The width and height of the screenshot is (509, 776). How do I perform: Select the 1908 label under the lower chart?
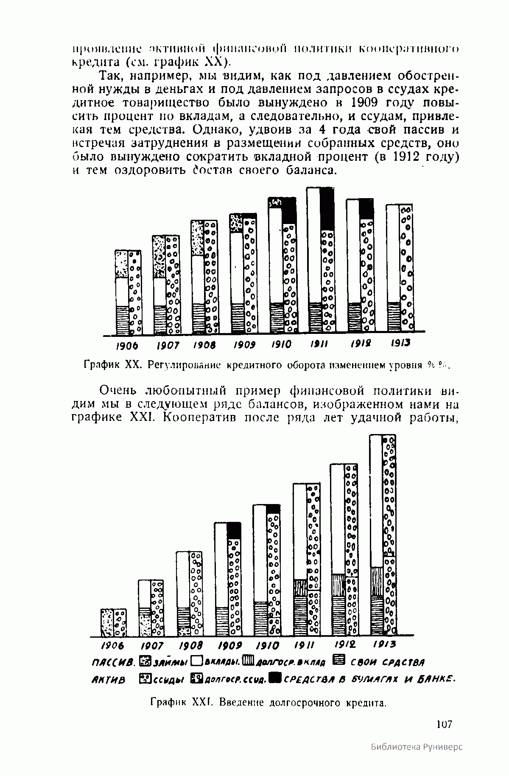click(x=190, y=646)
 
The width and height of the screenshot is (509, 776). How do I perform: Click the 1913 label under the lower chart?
click(x=384, y=644)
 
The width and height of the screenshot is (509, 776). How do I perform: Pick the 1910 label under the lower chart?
click(x=268, y=646)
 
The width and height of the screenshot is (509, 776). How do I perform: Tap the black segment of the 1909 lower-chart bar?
click(x=234, y=531)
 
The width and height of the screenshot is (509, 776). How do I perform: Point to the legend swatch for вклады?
click(x=196, y=661)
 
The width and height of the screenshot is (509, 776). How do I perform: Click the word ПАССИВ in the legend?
click(x=112, y=662)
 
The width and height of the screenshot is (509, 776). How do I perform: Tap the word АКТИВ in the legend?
click(x=108, y=680)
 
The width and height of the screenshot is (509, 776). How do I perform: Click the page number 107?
click(x=444, y=724)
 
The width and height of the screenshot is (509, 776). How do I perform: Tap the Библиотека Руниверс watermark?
click(x=417, y=759)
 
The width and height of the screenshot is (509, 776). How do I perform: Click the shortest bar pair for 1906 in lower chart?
click(x=113, y=623)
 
